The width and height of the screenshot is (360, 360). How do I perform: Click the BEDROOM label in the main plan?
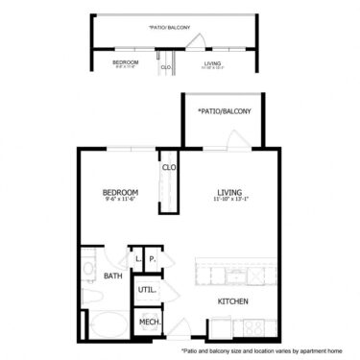pyautogui.click(x=121, y=193)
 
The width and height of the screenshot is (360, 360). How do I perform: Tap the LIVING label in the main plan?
pyautogui.click(x=231, y=193)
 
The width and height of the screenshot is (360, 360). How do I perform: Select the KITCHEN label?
pyautogui.click(x=232, y=301)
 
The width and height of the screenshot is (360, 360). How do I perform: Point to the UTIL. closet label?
pyautogui.click(x=147, y=288)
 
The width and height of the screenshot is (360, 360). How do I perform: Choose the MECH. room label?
pyautogui.click(x=149, y=322)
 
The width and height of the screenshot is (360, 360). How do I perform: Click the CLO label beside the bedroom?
pyautogui.click(x=168, y=168)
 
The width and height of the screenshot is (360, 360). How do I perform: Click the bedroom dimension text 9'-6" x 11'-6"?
pyautogui.click(x=121, y=201)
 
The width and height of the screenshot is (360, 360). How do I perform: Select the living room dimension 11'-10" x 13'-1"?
pyautogui.click(x=231, y=201)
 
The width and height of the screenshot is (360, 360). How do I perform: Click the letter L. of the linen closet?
pyautogui.click(x=137, y=258)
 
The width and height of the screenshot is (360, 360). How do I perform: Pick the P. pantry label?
pyautogui.click(x=152, y=258)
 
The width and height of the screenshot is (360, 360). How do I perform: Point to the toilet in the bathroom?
pyautogui.click(x=88, y=294)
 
